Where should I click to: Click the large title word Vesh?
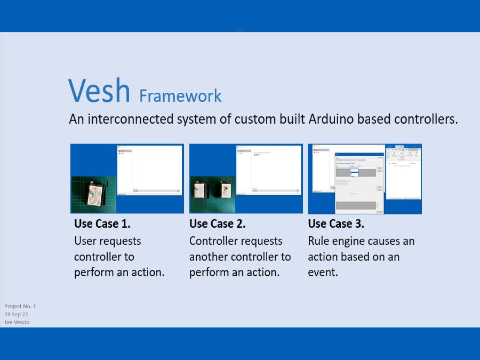tap(99, 91)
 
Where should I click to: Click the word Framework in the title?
tap(180, 96)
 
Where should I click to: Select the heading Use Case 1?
tap(102, 223)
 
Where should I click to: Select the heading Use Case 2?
tap(218, 223)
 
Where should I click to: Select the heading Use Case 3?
tap(336, 223)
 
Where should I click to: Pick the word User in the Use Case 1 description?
tap(85, 241)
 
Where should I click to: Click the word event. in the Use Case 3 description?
tap(323, 272)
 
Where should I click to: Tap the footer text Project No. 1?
tap(20, 307)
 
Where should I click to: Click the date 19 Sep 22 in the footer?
tap(17, 315)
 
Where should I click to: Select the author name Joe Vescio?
tap(17, 322)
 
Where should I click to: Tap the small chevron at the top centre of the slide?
tap(240, 30)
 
